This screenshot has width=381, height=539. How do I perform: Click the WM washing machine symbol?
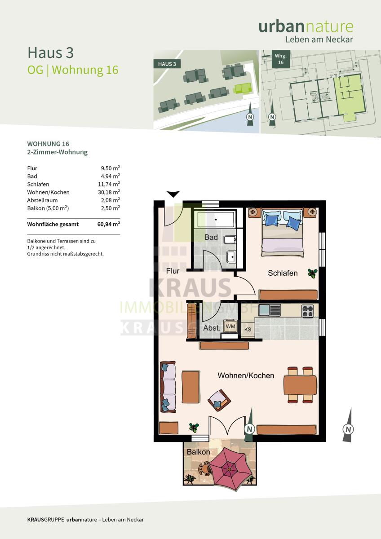[x=230, y=326]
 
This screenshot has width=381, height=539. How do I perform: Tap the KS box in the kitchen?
[x=248, y=329]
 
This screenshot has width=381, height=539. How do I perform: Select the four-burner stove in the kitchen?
[x=308, y=311]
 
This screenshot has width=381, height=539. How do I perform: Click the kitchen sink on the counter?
[x=270, y=310]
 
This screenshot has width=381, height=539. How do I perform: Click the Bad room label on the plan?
[x=211, y=237]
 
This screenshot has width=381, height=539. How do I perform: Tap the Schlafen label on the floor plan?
[x=283, y=273]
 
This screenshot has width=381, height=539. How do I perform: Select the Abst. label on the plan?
[x=212, y=328]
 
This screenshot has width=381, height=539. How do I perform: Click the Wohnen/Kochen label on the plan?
[x=246, y=376]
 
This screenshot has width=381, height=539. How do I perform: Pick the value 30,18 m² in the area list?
[x=110, y=192]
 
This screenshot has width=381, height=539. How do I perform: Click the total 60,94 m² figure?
[x=109, y=224]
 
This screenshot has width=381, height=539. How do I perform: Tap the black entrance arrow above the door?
[x=173, y=194]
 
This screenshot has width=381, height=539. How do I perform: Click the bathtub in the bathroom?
[x=216, y=220]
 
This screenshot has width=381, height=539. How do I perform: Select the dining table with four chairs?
[x=300, y=385]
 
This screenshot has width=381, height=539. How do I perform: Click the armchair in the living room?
[x=219, y=400]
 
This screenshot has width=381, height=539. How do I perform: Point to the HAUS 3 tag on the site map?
[x=167, y=64]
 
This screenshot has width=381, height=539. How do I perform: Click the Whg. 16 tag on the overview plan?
[x=281, y=59]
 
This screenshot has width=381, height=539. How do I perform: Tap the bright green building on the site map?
[x=242, y=88]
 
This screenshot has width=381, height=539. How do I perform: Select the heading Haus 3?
[x=50, y=53]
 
